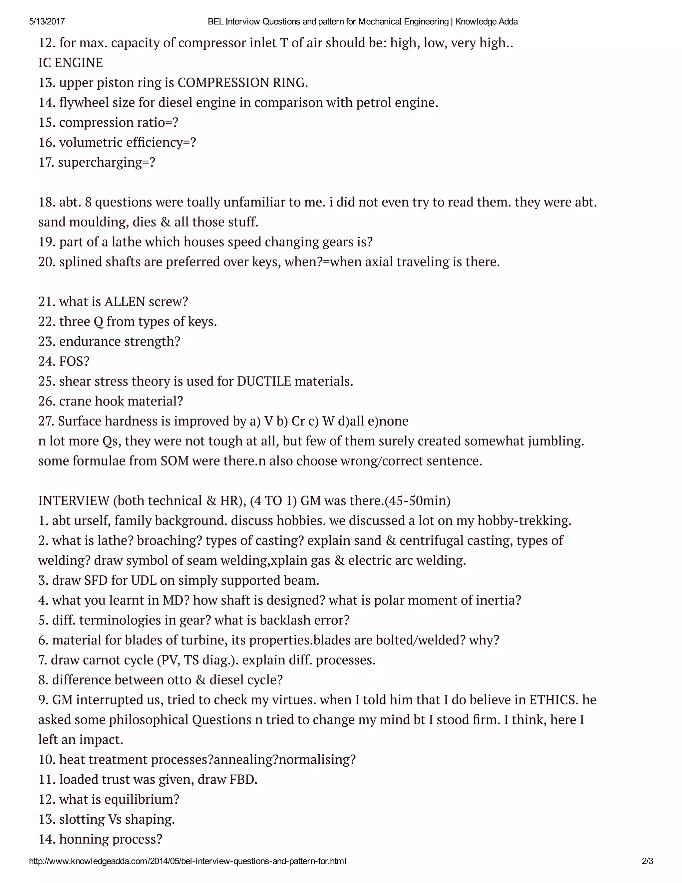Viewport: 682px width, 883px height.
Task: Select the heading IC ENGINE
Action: (x=71, y=63)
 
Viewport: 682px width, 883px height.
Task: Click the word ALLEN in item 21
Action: (x=125, y=302)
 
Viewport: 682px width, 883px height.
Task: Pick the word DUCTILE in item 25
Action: (x=264, y=381)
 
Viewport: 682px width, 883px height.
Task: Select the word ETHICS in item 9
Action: (x=552, y=700)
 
